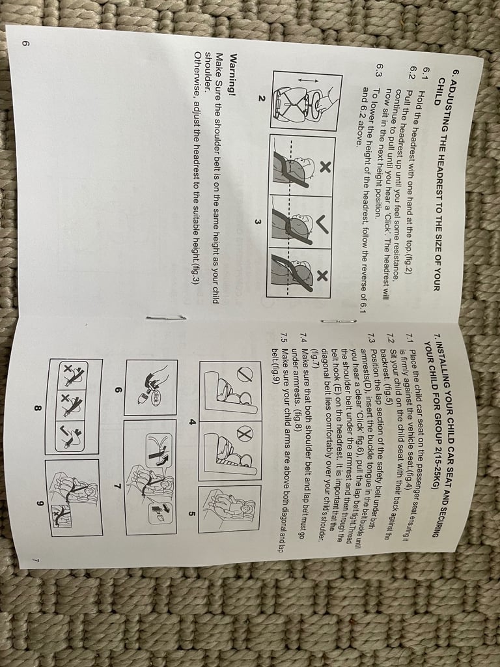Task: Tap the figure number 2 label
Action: click(x=260, y=98)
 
